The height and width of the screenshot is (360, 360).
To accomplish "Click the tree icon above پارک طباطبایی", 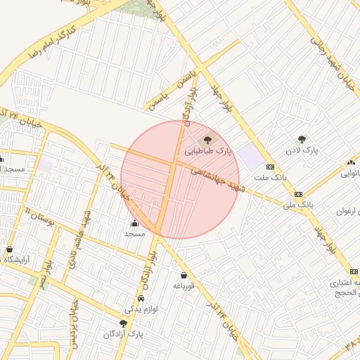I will [x=208, y=139].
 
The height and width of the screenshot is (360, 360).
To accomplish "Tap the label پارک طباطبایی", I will [x=208, y=151].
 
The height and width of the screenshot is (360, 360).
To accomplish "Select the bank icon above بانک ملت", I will [x=271, y=166].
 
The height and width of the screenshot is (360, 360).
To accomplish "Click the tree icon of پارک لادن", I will [x=302, y=139].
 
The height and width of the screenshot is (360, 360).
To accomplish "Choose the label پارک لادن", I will [x=302, y=151].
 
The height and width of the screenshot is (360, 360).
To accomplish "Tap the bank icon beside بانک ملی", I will [x=298, y=193].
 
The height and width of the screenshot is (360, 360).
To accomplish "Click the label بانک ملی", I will [x=297, y=205].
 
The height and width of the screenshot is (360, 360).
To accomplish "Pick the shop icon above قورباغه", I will [x=184, y=275].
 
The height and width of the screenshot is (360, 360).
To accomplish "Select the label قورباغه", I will [x=184, y=286].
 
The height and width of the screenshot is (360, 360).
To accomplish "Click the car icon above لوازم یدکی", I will [x=141, y=298].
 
